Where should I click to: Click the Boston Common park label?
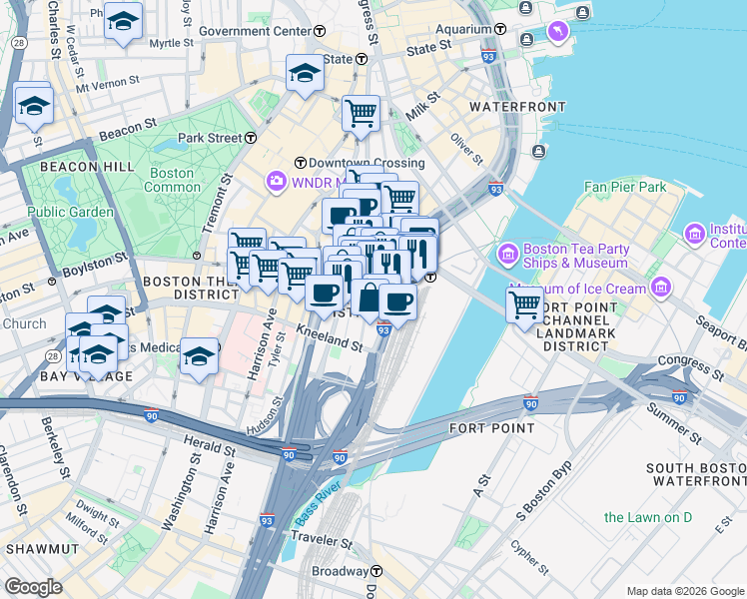(x=173, y=180)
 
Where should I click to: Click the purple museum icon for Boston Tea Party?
(x=507, y=256)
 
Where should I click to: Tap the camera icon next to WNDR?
(x=275, y=182)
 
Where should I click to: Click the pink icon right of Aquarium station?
(x=557, y=32)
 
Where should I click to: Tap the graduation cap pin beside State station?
(x=305, y=72)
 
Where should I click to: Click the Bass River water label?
(x=319, y=505)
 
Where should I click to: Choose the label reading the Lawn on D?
(x=647, y=516)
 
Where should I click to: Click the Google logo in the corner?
(x=33, y=587)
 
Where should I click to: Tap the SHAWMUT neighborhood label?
(x=37, y=549)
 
